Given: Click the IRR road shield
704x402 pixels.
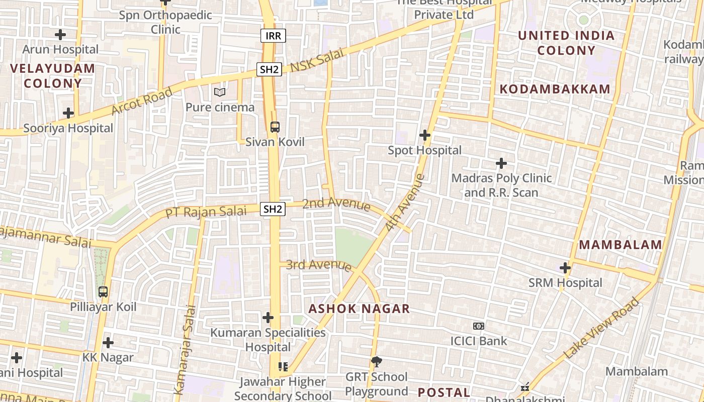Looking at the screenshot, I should pos(273,36).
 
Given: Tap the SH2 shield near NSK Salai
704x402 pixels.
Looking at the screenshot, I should pos(269,69).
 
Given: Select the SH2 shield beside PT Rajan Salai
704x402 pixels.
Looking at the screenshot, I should pos(273,209).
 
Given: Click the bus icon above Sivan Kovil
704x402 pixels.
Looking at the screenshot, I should pos(275,127).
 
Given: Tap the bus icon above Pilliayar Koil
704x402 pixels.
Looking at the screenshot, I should pos(103,291).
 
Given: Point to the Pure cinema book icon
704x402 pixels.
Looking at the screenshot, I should pos(220,92).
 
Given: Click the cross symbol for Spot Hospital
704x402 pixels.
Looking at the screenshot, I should pos(425,135).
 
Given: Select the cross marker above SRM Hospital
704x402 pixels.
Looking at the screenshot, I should pos(565,268).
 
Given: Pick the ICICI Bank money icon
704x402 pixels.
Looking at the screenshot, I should pos(479,326).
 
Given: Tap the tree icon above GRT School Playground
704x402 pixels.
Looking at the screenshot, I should pos(376,361).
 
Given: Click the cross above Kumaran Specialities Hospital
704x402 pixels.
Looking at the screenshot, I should pos(268,318).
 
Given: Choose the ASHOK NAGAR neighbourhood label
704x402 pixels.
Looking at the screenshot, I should pos(359,309).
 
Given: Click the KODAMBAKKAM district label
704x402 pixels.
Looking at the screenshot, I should pos(555,89).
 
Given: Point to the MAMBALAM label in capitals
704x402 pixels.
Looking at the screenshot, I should pos(621,245).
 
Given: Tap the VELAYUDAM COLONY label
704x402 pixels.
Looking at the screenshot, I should pos(52,75).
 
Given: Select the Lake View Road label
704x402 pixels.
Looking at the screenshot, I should pos(601,328).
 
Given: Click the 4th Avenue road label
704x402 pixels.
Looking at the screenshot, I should pos(405,203).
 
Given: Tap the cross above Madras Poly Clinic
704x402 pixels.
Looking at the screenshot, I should pos(501,163).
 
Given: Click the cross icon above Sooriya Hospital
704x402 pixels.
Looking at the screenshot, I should pos(68,113).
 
